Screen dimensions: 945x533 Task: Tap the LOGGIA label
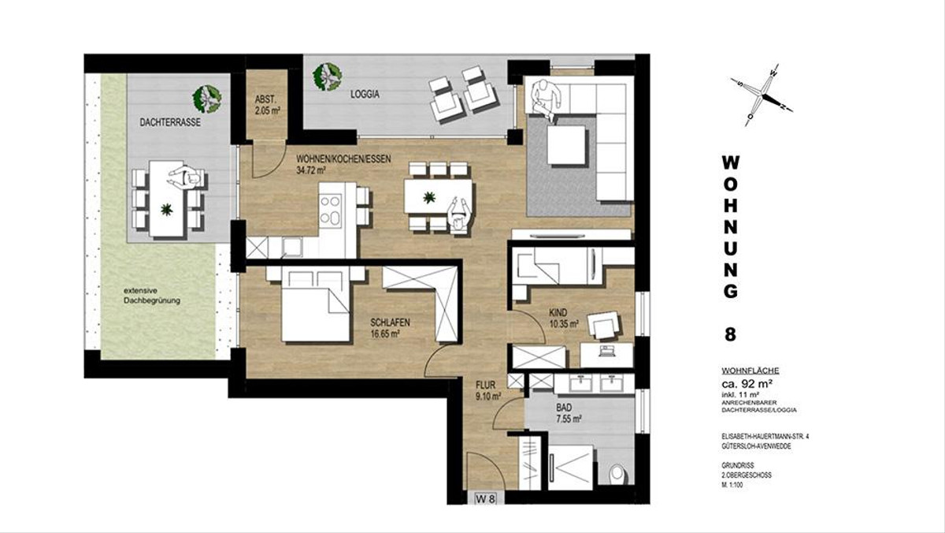tap(365, 95)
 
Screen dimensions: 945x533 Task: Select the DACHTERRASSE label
tap(170, 123)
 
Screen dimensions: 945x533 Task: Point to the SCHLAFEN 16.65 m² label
tap(391, 328)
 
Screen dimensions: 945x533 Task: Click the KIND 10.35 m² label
tap(563, 319)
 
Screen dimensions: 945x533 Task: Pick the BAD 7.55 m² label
tap(569, 413)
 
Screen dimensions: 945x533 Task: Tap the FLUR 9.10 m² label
tap(488, 390)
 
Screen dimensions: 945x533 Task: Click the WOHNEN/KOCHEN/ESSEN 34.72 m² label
tap(343, 165)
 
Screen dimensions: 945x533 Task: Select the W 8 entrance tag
tap(486, 499)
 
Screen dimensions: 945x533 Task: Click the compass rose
tap(762, 95)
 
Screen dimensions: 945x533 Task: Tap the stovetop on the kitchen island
tap(330, 211)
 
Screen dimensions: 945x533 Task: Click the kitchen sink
tap(292, 246)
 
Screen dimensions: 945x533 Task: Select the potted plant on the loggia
tap(327, 76)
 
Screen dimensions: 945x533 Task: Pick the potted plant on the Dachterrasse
tap(206, 99)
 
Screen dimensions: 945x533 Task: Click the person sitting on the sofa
tap(544, 100)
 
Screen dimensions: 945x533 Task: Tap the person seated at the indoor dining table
tap(458, 215)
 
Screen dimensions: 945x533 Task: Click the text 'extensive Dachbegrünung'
tap(152, 296)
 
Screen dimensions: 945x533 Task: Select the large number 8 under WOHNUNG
tap(730, 334)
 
